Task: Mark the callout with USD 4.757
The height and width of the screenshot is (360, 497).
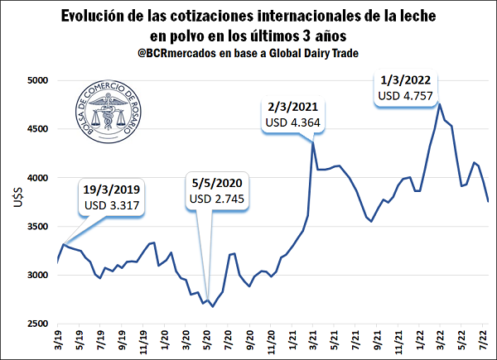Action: [406, 88]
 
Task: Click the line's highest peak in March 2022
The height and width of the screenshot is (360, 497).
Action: [439, 103]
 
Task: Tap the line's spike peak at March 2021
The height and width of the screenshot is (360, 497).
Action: [312, 142]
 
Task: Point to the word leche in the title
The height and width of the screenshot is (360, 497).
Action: [422, 16]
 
